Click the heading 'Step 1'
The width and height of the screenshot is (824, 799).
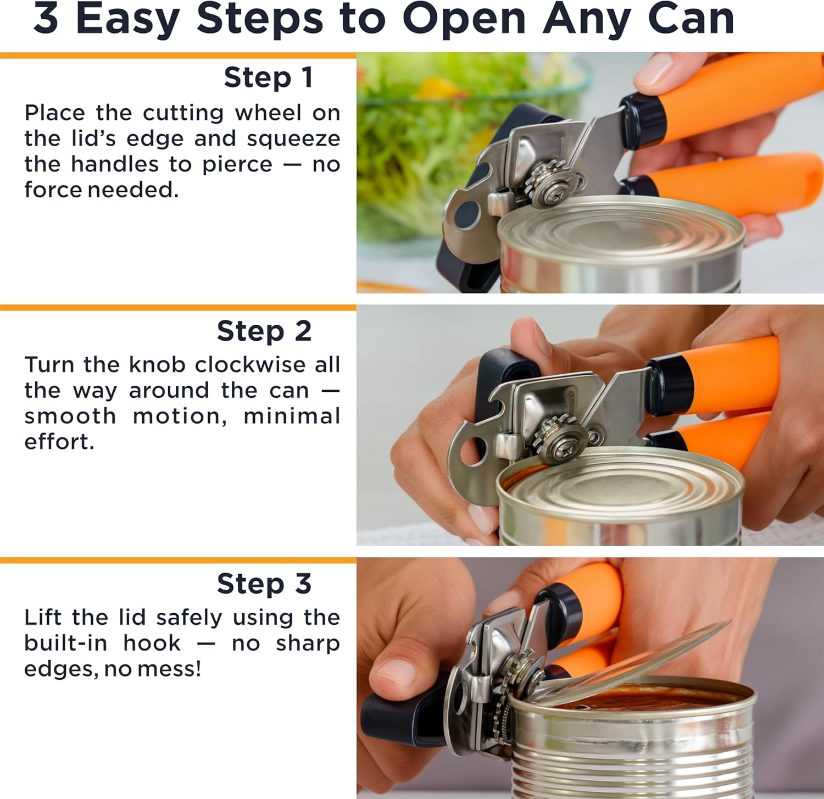[x=269, y=77]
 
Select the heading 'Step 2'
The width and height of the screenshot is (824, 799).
[x=264, y=331]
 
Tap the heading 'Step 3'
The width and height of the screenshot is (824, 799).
[x=264, y=584]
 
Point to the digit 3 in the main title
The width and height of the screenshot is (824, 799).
[x=46, y=19]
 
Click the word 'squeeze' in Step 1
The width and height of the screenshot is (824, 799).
[x=293, y=139]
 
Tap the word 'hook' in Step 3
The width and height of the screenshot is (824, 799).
[x=152, y=643]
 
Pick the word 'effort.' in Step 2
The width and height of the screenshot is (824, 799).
[x=59, y=442]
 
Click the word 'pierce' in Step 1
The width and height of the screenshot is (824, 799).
[x=237, y=165]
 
